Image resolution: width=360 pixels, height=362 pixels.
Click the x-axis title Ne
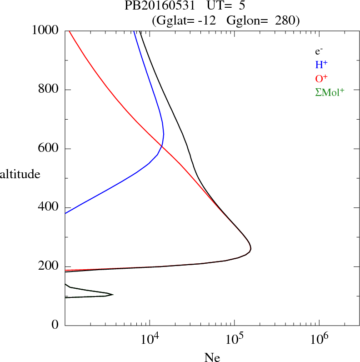(212, 357)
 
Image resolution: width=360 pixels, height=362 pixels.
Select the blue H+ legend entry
(321, 65)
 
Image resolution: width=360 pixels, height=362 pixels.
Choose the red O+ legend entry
(321, 78)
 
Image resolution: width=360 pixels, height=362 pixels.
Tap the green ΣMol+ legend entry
(330, 92)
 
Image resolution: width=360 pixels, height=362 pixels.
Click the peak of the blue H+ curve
(164, 134)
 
